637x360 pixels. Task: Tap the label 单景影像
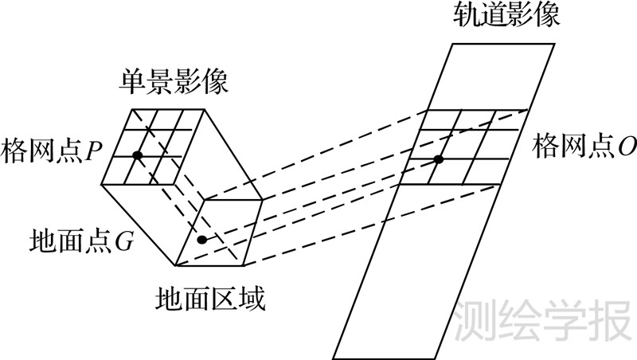click(174, 82)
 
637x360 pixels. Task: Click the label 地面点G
click(80, 241)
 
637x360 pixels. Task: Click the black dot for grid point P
click(137, 155)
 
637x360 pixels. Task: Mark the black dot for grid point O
click(438, 160)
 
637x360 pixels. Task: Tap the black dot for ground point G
click(202, 240)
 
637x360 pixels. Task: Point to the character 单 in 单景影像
click(133, 82)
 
